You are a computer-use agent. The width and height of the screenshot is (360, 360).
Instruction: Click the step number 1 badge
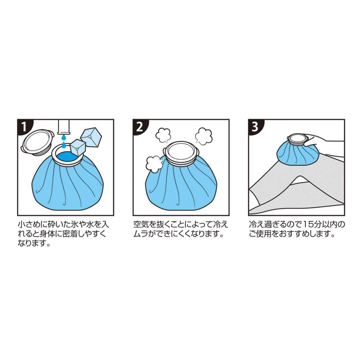[24, 127]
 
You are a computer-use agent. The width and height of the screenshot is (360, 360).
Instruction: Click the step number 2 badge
[140, 127]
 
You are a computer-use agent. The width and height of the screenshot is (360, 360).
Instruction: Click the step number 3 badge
[255, 127]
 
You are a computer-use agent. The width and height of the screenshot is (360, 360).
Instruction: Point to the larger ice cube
[91, 138]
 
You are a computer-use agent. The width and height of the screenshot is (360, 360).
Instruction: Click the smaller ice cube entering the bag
[78, 149]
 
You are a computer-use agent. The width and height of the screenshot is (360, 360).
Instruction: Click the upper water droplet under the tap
[64, 138]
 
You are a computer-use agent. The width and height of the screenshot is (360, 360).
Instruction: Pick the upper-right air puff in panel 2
[203, 136]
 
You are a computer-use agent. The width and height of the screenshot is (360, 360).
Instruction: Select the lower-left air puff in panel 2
[154, 164]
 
